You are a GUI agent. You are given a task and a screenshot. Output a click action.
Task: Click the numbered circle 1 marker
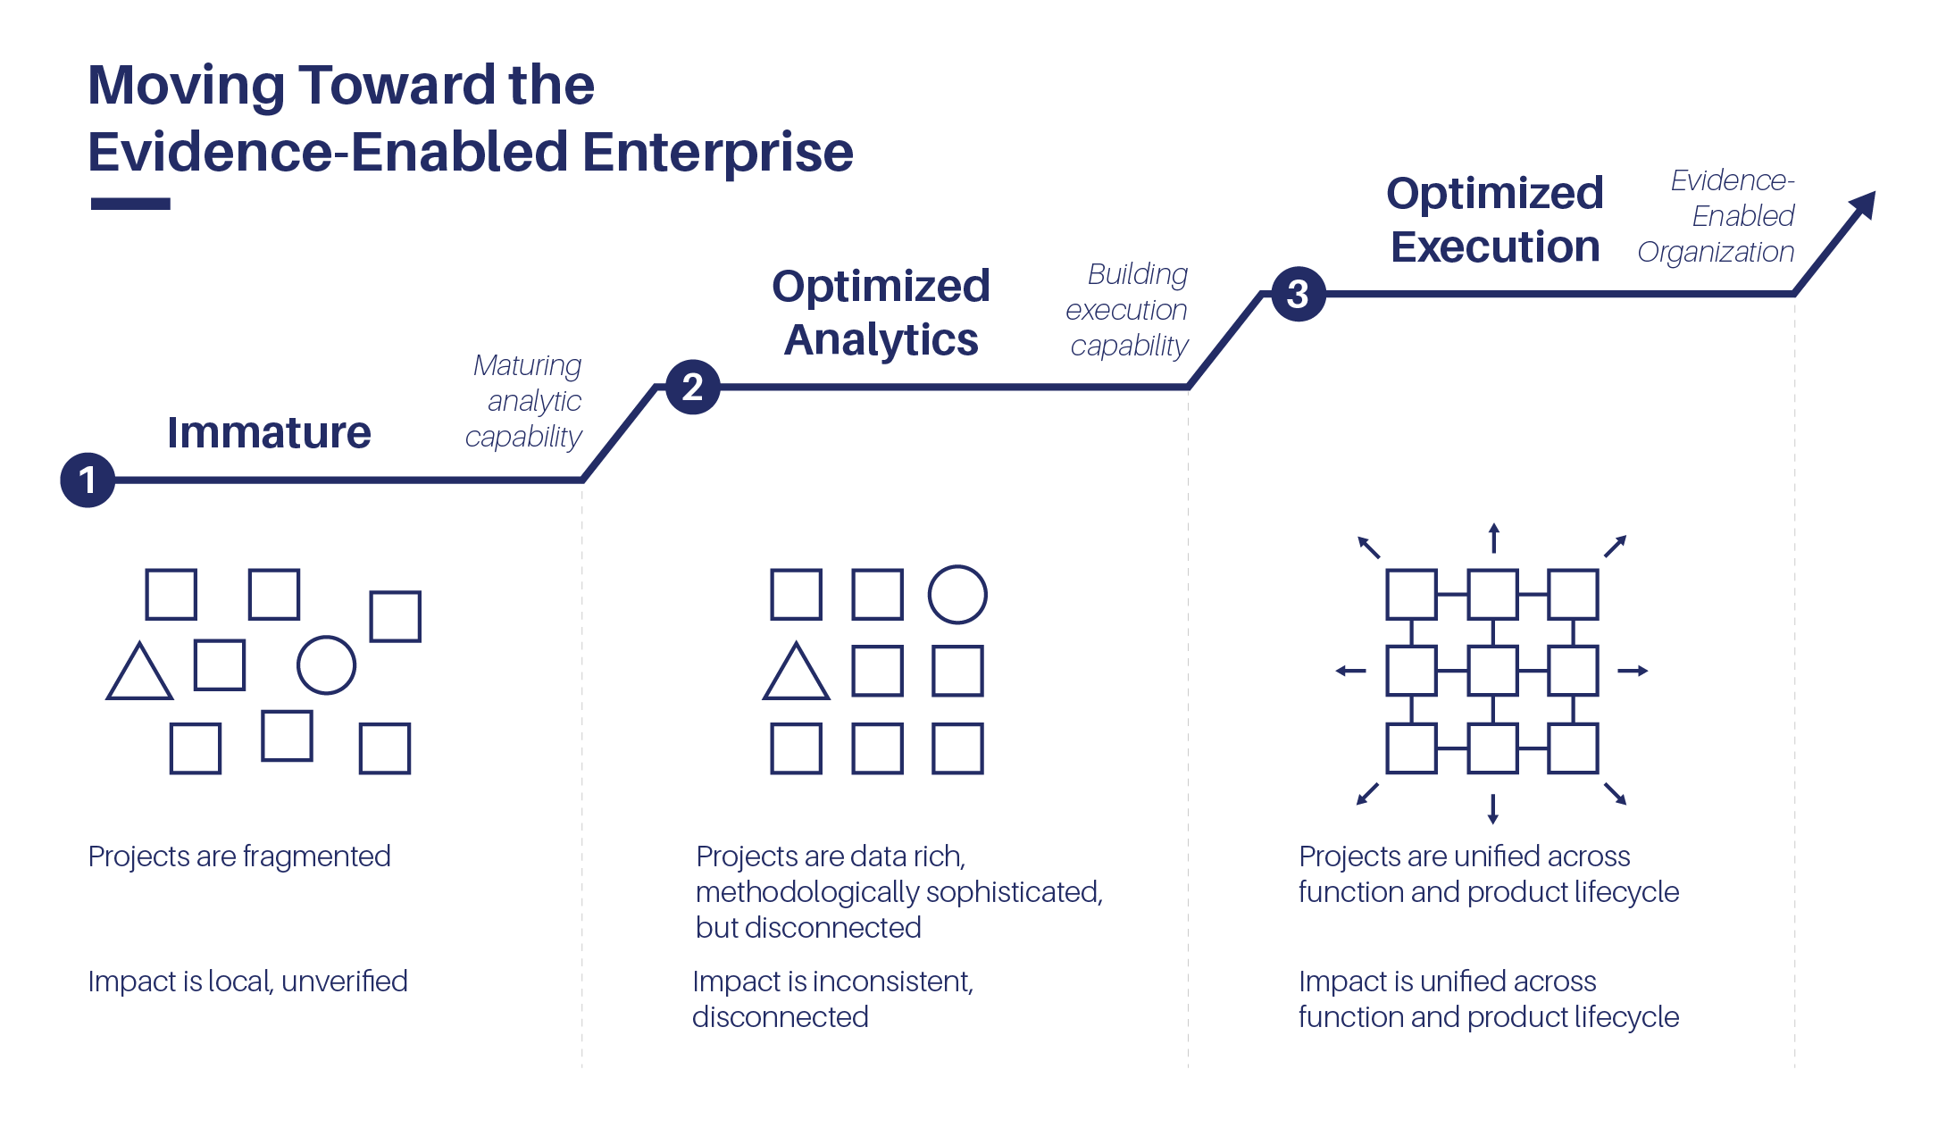pos(88,480)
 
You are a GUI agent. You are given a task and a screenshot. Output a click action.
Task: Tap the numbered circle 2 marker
pos(693,387)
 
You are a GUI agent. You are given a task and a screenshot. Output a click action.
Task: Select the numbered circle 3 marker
pos(1299,294)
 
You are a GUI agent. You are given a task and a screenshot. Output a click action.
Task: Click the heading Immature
pos(269,432)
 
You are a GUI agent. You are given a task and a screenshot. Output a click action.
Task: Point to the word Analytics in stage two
pos(881,340)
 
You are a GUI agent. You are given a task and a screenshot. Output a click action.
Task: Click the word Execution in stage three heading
pos(1495,246)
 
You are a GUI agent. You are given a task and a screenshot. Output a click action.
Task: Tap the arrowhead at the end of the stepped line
pos(1863,205)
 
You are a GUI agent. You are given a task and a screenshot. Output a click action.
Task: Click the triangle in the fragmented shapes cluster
pos(139,671)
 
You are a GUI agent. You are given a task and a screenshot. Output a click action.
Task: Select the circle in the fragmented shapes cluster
pos(326,665)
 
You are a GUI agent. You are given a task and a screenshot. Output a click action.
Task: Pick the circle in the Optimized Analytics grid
pos(957,595)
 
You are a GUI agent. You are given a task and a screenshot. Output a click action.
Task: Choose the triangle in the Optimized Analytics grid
pos(796,671)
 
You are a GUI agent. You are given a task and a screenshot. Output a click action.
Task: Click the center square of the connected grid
pos(1492,671)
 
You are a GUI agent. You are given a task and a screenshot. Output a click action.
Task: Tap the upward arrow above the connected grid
pos(1493,538)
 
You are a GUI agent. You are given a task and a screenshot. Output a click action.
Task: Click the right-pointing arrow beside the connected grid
pos(1633,671)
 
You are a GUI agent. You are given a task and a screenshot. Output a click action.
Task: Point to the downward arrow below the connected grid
pos(1492,808)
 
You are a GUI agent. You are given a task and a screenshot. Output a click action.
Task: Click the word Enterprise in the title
pos(718,152)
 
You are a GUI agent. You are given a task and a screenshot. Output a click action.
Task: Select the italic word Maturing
pos(527,365)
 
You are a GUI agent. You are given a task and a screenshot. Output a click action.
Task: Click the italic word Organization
pos(1716,253)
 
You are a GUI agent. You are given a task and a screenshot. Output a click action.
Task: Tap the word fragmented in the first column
pos(316,856)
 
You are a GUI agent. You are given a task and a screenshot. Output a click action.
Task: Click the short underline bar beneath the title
pos(130,204)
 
